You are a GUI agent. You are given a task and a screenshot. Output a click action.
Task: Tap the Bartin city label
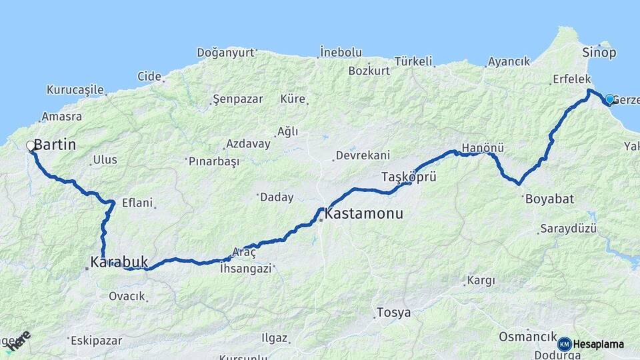tap(55, 144)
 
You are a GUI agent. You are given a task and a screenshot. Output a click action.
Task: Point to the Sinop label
tap(599, 53)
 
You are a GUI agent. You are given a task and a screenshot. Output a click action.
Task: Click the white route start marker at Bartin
tap(30, 145)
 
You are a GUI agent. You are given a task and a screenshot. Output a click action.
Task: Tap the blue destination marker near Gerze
tap(609, 99)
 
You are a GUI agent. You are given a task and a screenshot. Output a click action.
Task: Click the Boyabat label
tap(549, 199)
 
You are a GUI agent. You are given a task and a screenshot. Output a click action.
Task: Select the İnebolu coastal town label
tap(340, 51)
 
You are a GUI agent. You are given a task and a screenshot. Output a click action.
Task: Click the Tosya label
tap(393, 312)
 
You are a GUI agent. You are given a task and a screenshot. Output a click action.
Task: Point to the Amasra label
tap(61, 117)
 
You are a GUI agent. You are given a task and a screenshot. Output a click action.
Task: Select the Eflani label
tap(137, 203)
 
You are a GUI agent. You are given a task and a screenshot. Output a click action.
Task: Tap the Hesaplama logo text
tap(598, 344)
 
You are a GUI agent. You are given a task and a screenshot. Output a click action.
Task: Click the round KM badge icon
tap(565, 344)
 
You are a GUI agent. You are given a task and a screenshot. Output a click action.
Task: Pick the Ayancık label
tap(509, 61)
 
